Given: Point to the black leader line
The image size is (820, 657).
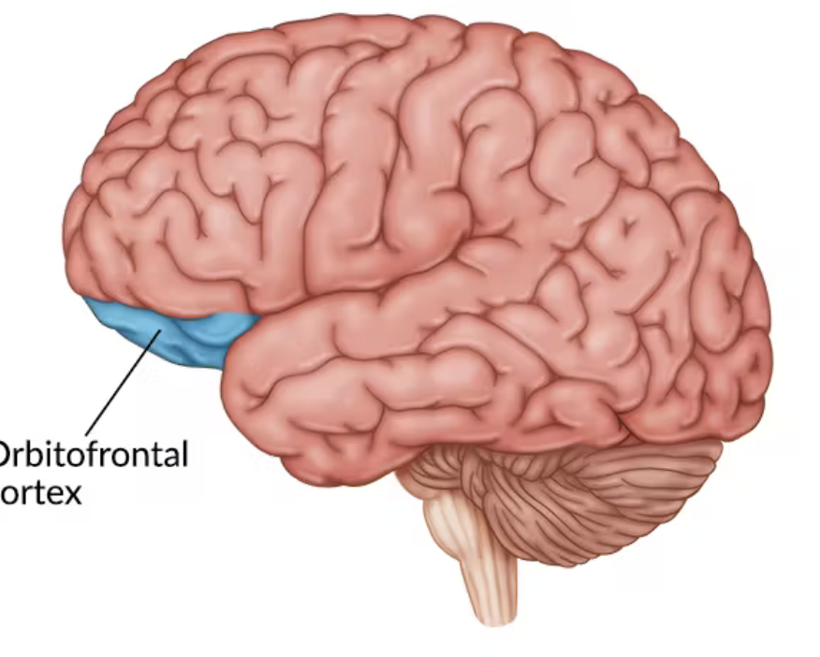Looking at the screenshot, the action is pos(122,384).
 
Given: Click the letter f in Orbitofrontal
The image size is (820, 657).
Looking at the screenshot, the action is pos(94,455).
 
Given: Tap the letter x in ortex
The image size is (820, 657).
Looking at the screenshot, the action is pos(71,492).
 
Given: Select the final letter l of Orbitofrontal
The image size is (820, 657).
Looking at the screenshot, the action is pos(183,454).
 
